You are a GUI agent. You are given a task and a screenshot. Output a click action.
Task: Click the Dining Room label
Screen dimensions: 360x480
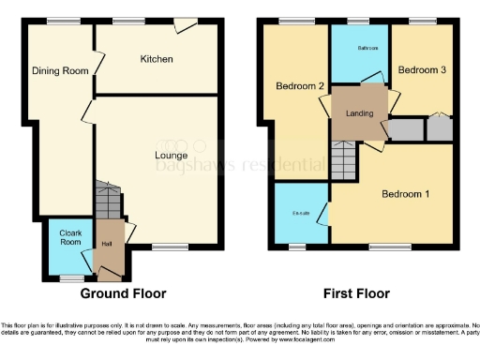tap(52, 70)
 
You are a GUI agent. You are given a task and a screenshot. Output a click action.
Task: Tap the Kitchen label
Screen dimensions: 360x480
tap(157, 59)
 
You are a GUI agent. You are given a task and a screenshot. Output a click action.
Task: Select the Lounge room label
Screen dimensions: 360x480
tap(172, 155)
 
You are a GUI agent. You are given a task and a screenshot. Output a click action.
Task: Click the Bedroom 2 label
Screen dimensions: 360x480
tap(300, 87)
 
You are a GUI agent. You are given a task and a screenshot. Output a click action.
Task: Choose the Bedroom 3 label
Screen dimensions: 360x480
tap(421, 70)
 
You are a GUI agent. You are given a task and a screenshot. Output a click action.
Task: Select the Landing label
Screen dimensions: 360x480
tap(359, 113)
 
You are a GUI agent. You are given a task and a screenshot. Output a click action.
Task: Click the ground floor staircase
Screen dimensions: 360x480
tap(109, 200)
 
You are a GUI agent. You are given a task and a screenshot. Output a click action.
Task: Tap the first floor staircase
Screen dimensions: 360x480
tap(343, 162)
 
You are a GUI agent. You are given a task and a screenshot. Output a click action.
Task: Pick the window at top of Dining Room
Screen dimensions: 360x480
tap(64, 21)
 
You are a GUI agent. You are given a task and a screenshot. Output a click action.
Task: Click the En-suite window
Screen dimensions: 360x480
tap(298, 247)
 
